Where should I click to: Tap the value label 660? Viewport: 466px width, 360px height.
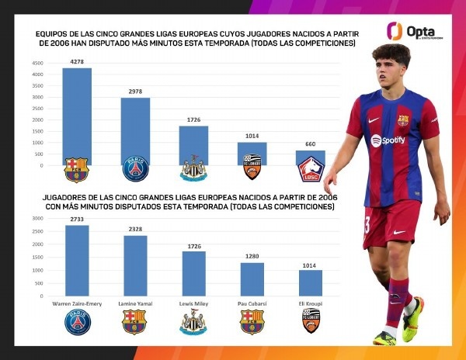pos(310,145)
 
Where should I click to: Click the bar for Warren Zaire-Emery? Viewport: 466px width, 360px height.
pos(77,261)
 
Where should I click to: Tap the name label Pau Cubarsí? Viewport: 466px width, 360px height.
pos(252,302)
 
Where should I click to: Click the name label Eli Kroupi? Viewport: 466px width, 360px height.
pos(310,302)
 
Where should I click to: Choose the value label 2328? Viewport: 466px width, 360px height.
pos(135,230)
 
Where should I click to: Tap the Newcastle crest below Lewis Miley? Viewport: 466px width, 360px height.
pos(193,322)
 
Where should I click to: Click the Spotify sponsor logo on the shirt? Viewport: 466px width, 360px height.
pos(388,140)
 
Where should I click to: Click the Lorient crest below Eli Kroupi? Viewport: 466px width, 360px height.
pos(311,320)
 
